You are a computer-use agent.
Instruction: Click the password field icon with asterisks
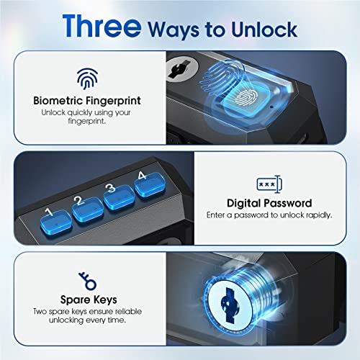click(269, 184)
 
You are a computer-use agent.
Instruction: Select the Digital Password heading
click(269, 204)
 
